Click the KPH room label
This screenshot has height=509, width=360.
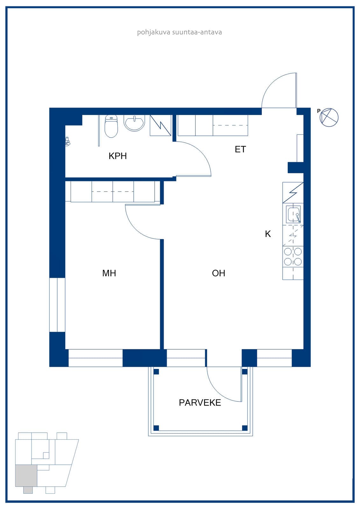(117, 156)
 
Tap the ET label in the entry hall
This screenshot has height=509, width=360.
(240, 149)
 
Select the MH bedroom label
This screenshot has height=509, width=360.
(109, 273)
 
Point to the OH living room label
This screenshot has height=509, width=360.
(219, 273)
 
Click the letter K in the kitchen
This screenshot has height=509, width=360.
(268, 234)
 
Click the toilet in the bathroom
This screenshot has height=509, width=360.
(111, 126)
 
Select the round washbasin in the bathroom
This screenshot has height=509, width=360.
(134, 123)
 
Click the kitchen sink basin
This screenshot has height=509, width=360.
(293, 214)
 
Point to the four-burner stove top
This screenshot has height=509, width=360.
(293, 256)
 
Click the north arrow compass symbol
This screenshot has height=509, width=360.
(329, 117)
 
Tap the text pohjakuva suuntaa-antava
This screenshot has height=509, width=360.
(180, 32)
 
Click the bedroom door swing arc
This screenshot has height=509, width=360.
(136, 228)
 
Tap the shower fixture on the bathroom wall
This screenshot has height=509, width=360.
(67, 141)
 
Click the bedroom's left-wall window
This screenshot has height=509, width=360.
(57, 305)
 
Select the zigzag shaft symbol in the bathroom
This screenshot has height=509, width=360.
(160, 125)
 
